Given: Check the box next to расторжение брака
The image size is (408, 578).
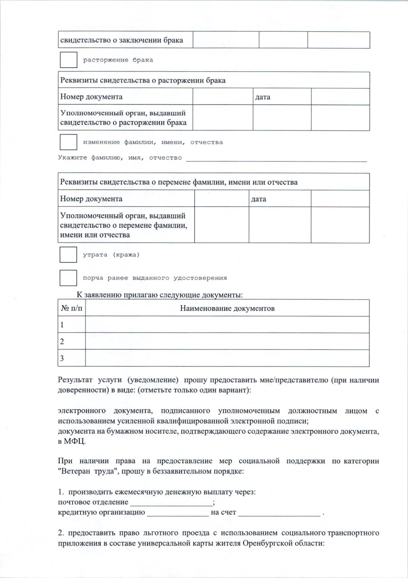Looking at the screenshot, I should [x=68, y=60].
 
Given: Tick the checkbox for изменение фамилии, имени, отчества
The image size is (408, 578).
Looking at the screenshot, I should [x=68, y=142].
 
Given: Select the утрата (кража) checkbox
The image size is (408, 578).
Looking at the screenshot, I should [x=68, y=254].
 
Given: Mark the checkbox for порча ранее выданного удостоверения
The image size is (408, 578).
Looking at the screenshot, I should [x=68, y=278].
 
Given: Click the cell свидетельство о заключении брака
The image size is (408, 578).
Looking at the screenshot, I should [x=122, y=40].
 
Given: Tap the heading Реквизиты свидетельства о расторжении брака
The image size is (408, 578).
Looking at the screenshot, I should [x=143, y=80].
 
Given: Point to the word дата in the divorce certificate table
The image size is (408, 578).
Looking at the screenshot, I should [x=262, y=97].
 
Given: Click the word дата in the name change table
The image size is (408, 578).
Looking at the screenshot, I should [x=258, y=199].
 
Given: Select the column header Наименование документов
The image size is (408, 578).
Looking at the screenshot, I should [x=227, y=308].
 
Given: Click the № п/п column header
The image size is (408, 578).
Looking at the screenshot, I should [x=71, y=308].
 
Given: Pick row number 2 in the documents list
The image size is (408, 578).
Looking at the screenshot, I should [x=62, y=341].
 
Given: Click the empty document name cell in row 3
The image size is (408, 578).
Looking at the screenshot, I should [x=227, y=358].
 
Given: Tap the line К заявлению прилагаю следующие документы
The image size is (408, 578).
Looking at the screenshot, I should [x=160, y=295].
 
